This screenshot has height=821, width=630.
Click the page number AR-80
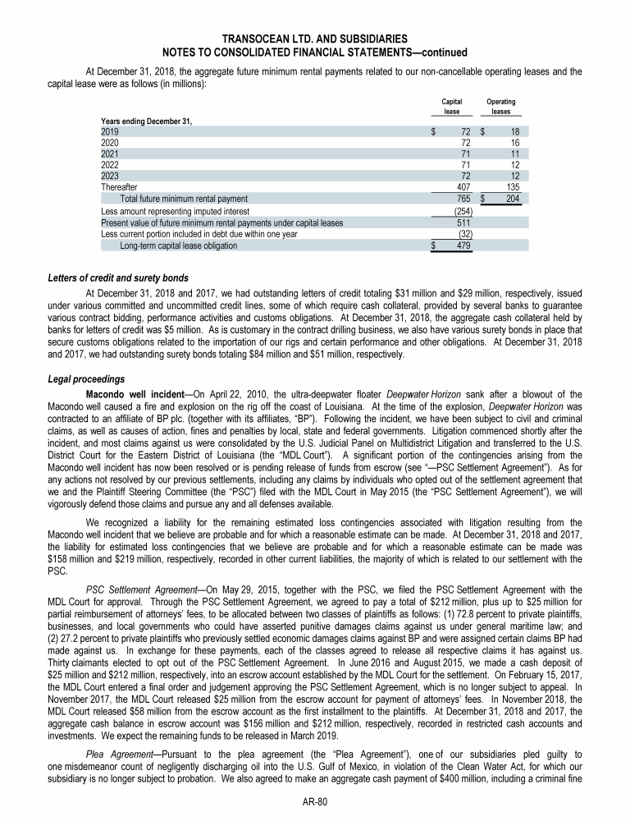tap(315, 802)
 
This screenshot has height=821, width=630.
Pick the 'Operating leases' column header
tap(500, 106)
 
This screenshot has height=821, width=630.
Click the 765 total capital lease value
tap(462, 199)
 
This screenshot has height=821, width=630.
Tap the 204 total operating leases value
tap(512, 199)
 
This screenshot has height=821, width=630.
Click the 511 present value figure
tap(462, 222)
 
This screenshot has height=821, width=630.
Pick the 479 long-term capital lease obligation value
tap(462, 245)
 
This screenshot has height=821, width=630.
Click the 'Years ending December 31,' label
tap(147, 121)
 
